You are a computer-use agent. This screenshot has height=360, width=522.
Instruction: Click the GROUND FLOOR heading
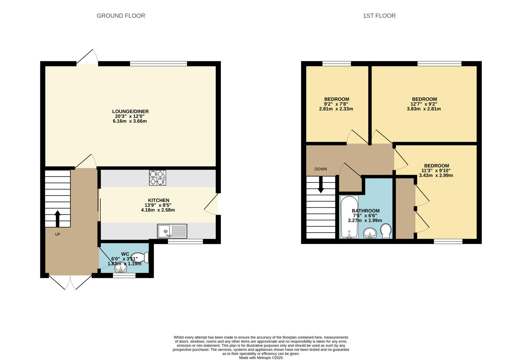point(121,16)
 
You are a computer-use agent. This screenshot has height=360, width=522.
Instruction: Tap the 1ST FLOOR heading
point(379,16)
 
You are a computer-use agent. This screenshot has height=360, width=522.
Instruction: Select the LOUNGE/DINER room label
point(130,111)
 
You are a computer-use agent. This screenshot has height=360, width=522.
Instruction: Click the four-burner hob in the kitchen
point(158,178)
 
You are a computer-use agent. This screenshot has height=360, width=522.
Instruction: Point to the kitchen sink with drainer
point(172,231)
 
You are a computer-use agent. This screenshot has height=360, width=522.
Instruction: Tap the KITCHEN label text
point(159,200)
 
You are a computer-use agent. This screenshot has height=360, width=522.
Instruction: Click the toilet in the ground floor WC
point(140,257)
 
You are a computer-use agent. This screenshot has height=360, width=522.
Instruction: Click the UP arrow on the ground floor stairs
point(57,219)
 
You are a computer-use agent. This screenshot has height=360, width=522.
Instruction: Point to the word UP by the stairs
point(58,234)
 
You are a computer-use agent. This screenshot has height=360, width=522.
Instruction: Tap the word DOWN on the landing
point(321,169)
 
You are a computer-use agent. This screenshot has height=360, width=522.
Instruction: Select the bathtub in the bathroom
point(349,217)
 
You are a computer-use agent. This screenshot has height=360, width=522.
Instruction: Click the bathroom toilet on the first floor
point(386,231)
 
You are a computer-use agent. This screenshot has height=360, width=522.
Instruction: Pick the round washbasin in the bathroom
point(370,233)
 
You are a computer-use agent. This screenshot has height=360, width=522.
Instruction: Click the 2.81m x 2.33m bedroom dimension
point(336,109)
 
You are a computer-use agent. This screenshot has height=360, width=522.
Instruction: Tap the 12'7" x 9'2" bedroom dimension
point(424,104)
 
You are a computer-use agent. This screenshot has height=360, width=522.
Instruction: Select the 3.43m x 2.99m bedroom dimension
point(436,175)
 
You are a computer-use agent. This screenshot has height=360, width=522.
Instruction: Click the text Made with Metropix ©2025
point(261,358)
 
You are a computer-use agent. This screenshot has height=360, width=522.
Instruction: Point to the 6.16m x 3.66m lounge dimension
point(130,121)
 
